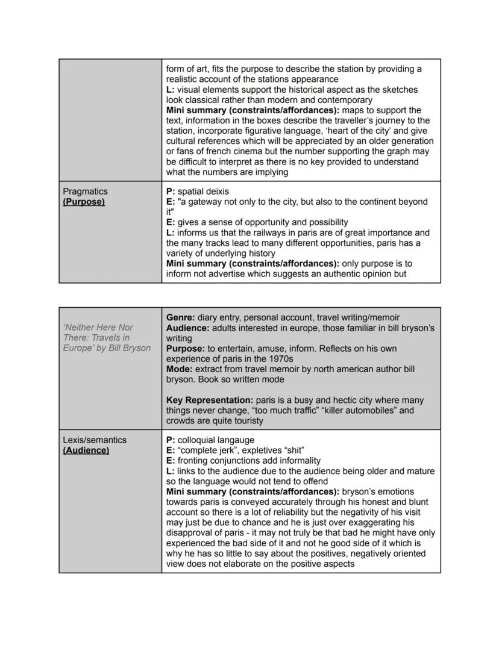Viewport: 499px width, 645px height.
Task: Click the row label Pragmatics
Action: pos(85,192)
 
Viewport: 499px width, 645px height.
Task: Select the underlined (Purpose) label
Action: pos(84,202)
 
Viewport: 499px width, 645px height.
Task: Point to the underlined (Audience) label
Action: pos(86,450)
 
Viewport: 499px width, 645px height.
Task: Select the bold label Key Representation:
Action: pos(210,400)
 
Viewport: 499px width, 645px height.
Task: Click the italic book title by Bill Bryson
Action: pos(107,337)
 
